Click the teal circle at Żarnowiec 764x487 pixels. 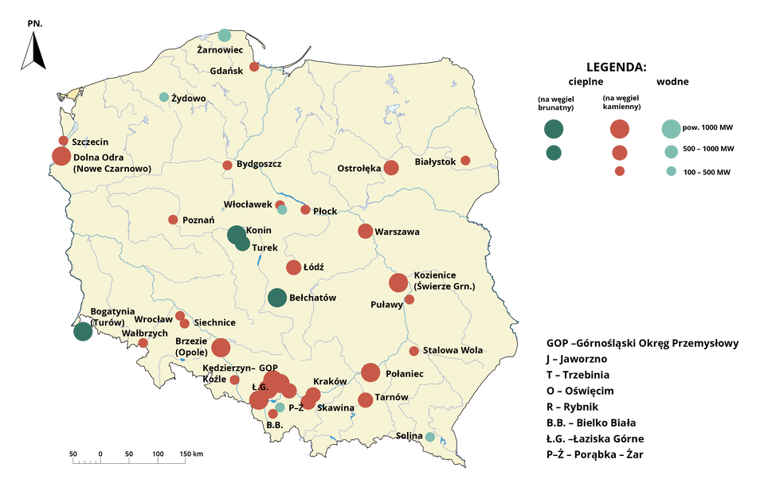225,34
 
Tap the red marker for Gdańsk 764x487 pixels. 255,67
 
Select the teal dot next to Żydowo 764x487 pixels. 164,97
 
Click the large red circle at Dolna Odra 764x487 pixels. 60,155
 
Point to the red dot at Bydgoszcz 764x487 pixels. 227,166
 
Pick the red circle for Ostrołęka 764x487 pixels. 391,168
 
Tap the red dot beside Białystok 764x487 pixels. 465,161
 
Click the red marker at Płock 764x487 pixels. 305,210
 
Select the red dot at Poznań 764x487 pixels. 173,220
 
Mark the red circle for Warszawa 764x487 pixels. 365,232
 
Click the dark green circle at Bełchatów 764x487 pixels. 276,298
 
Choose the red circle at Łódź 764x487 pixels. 293,267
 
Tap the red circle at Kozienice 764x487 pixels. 398,282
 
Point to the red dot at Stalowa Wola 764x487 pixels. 413,351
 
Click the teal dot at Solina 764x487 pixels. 430,437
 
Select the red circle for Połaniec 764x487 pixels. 370,372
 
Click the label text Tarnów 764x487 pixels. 391,398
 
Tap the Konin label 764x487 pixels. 259,231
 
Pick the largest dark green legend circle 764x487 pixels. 554,128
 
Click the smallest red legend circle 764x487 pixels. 620,171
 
